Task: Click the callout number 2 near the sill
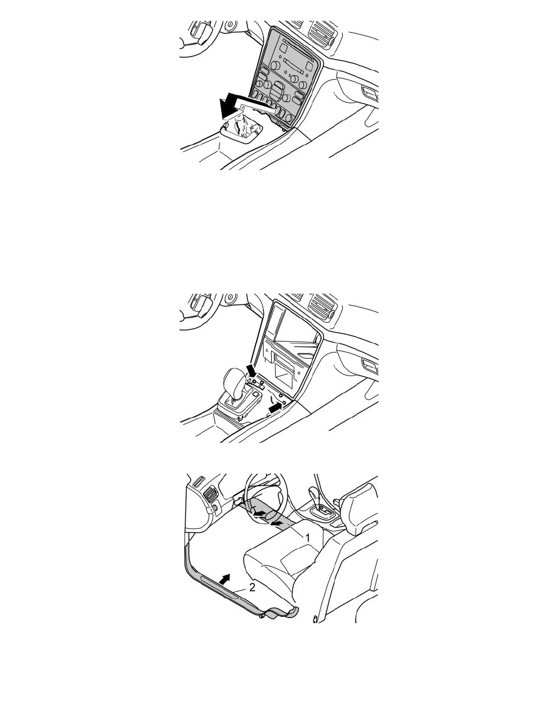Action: [252, 587]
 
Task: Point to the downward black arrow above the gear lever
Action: [252, 370]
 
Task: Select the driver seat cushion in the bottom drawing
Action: [281, 560]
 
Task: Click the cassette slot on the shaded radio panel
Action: [294, 62]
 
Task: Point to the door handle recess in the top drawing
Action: [370, 92]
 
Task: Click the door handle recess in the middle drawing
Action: [370, 366]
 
